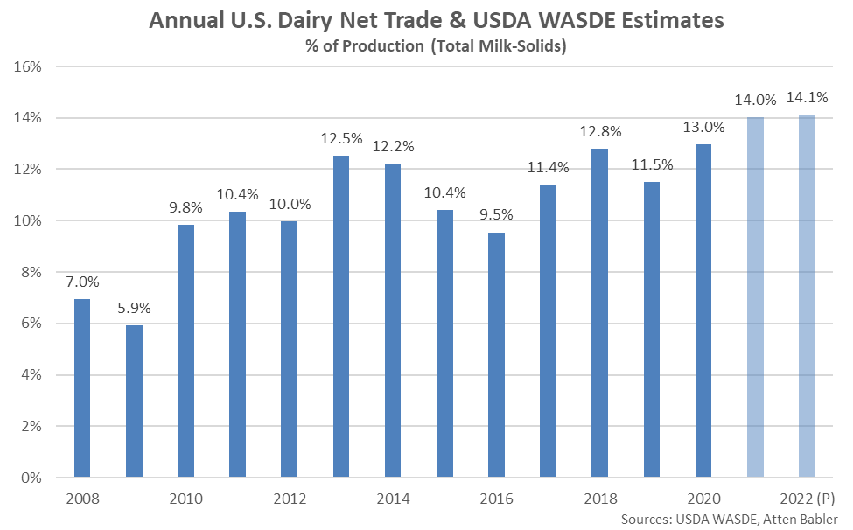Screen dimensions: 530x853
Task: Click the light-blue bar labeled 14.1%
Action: tap(807, 296)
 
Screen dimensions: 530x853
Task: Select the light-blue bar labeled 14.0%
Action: tap(755, 297)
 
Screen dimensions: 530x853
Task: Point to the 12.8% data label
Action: tap(600, 132)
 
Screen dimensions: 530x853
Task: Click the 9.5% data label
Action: tap(496, 216)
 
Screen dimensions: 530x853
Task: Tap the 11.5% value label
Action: tap(652, 165)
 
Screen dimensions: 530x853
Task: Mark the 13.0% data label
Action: tap(703, 127)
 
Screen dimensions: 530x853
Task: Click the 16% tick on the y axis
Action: tap(31, 66)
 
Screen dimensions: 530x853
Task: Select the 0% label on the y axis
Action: tap(34, 478)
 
